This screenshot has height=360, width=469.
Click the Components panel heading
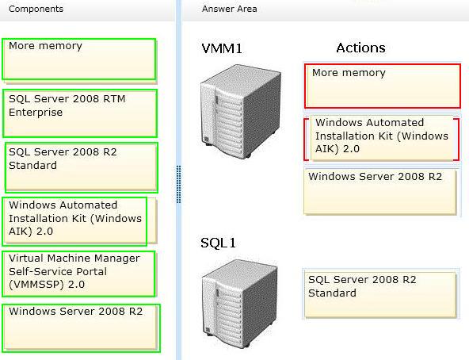click(36, 9)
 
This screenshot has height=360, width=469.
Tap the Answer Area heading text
click(229, 9)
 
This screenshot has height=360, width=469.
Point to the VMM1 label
click(222, 48)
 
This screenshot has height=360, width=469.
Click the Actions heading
click(360, 48)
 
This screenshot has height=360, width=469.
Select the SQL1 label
click(218, 243)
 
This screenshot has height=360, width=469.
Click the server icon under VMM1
click(241, 111)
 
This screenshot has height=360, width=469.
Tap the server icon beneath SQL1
click(240, 305)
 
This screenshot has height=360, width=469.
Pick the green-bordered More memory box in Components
click(79, 59)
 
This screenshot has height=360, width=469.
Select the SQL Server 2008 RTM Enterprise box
click(80, 113)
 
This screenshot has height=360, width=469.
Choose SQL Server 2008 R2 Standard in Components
click(82, 167)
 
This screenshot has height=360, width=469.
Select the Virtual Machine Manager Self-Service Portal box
click(79, 274)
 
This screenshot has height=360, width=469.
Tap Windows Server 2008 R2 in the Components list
click(82, 328)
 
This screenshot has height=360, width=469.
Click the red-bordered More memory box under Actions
click(383, 86)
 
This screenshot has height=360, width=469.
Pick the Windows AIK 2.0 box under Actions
click(382, 138)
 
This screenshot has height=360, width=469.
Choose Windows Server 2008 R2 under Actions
click(380, 192)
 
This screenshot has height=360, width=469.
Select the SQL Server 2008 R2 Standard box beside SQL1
click(380, 295)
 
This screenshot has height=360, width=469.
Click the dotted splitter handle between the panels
click(178, 184)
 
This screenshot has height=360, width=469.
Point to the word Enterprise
click(36, 113)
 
